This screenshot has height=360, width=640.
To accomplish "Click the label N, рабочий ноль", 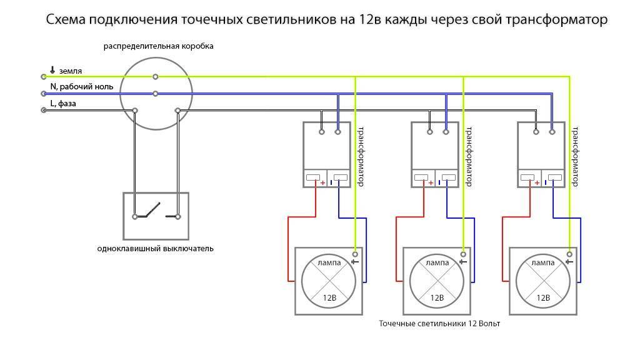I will tap(81, 87).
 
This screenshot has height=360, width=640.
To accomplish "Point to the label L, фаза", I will tap(63, 103).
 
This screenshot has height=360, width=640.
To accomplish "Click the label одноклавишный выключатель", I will tap(156, 248).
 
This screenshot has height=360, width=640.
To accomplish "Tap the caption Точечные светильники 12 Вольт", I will tap(440, 324).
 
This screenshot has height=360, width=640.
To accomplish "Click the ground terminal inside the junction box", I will tap(156, 77).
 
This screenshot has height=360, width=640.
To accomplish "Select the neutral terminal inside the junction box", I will tap(156, 94).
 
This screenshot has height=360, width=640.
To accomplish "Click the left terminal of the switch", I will tap(134, 217).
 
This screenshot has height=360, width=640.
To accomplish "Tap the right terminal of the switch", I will tap(178, 217).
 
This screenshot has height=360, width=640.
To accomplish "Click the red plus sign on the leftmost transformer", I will tap(323, 182).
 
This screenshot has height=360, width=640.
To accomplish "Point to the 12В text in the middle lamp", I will tap(436, 297).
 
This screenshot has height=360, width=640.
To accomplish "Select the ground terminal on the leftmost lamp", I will tap(355, 254).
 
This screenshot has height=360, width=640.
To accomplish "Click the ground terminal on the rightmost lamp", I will tap(569, 254).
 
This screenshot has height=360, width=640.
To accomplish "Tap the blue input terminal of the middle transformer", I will tap(446, 132).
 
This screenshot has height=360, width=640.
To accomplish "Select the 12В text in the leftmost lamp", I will tap(329, 297).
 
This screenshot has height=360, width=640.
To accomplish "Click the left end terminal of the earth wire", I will tap(43, 77).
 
